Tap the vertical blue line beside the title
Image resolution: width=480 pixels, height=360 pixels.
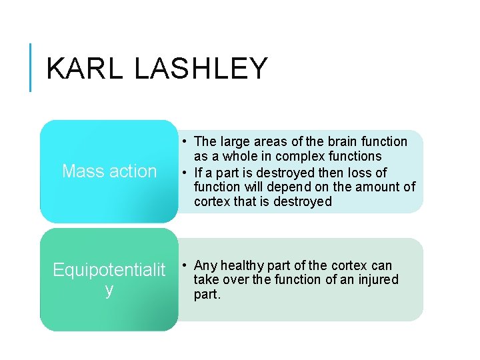31,67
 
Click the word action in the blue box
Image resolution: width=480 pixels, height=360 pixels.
133,171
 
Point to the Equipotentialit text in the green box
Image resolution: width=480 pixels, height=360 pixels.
109,270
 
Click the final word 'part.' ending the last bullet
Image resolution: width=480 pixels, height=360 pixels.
207,294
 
